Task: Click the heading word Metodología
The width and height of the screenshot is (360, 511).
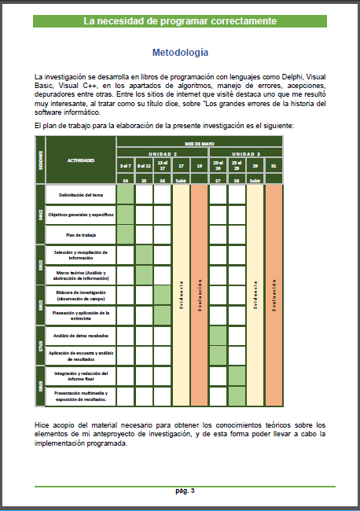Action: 180,53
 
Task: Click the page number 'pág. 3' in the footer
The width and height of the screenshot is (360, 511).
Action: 185,491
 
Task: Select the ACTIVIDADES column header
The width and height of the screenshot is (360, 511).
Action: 81,160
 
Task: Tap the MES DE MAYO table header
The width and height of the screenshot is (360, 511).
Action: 199,143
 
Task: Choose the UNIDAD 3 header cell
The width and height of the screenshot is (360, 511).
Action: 246,153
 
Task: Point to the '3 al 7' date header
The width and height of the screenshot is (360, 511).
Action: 125,166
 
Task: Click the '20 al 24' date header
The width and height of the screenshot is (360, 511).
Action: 219,166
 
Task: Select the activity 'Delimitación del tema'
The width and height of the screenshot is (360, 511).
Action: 81,193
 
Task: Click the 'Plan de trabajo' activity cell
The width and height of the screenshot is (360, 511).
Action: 81,234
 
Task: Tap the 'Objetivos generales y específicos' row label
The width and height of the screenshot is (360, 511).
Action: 81,214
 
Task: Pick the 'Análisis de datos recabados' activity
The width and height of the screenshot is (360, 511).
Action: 81,336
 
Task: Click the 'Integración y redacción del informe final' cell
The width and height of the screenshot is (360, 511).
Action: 81,376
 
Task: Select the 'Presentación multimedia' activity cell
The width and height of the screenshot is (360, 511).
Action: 81,396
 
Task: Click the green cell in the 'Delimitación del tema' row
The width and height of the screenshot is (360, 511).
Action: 125,193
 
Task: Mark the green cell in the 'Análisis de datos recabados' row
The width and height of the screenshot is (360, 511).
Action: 219,336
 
